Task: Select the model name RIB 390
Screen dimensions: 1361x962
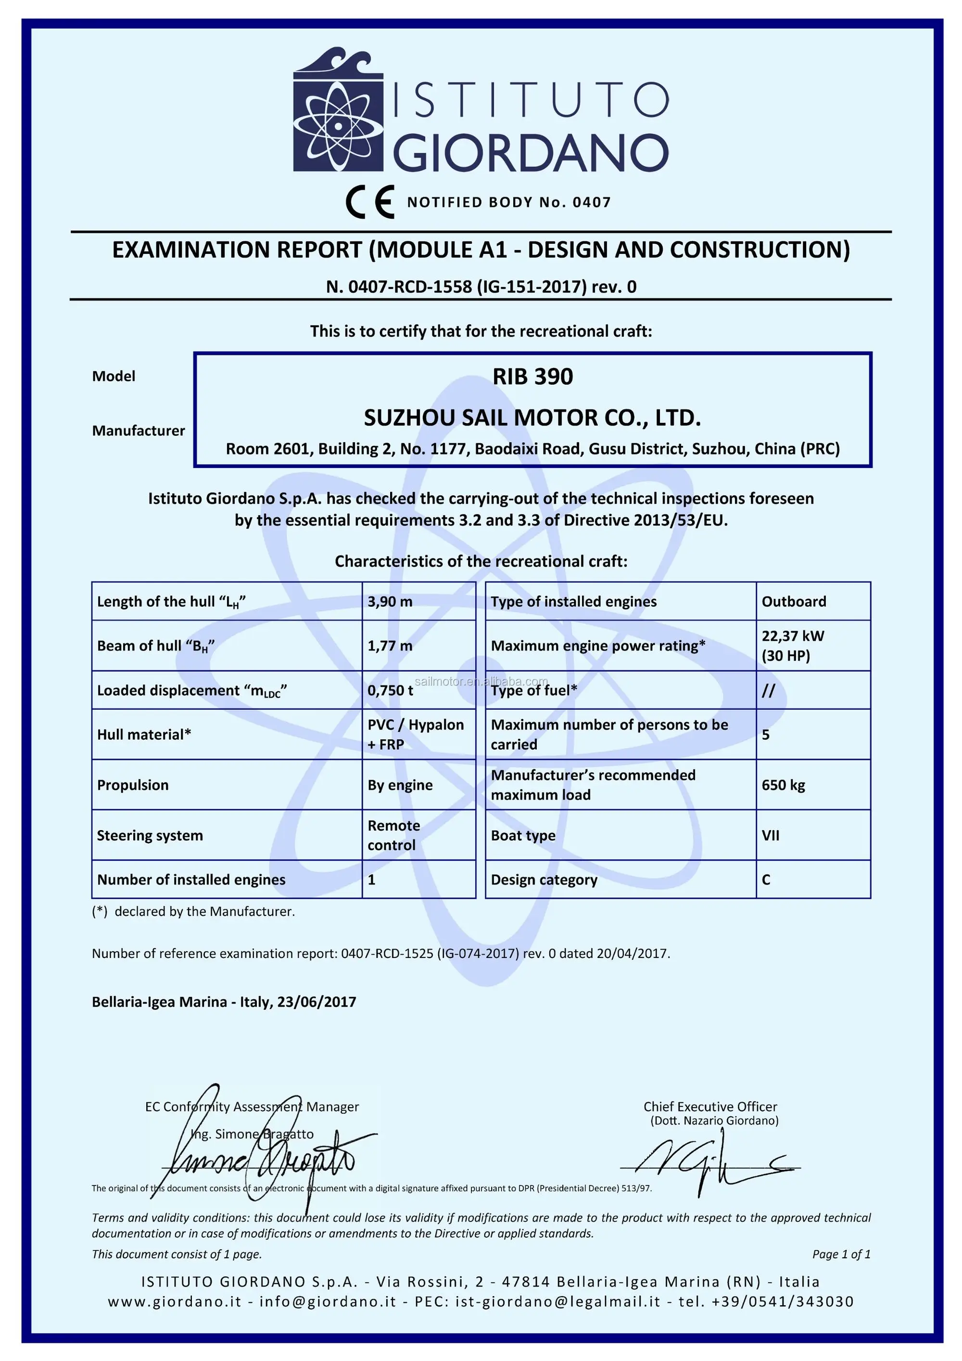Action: pyautogui.click(x=532, y=377)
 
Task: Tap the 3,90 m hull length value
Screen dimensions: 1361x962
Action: pyautogui.click(x=390, y=602)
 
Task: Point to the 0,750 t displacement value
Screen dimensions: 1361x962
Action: pyautogui.click(x=390, y=690)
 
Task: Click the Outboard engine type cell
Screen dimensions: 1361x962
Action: pyautogui.click(x=793, y=602)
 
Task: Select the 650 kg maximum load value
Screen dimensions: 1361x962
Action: pyautogui.click(x=783, y=785)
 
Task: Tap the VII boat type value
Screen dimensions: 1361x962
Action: pyautogui.click(x=770, y=835)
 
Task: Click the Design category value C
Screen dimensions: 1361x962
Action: pyautogui.click(x=766, y=880)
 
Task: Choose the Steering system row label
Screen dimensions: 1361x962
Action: pyautogui.click(x=150, y=835)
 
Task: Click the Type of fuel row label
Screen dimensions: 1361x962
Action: pyautogui.click(x=533, y=691)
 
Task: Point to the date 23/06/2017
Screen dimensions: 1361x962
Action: pyautogui.click(x=316, y=1002)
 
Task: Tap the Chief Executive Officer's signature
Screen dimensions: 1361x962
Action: pyautogui.click(x=705, y=1165)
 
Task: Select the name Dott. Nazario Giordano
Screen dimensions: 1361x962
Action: pyautogui.click(x=714, y=1121)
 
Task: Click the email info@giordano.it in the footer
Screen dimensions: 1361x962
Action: pyautogui.click(x=327, y=1302)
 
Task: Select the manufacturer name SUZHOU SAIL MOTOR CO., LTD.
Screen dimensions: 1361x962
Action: pyautogui.click(x=532, y=418)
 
